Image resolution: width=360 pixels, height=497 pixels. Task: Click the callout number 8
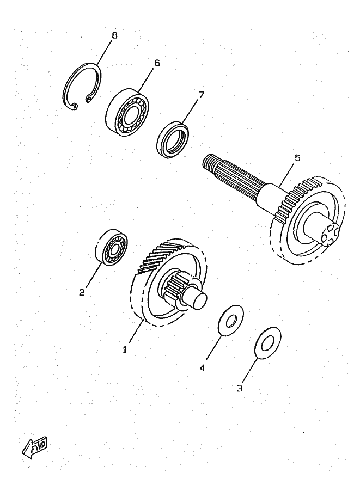[114, 35]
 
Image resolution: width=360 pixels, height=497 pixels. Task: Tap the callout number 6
[157, 63]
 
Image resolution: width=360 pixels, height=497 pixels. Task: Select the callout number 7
[201, 95]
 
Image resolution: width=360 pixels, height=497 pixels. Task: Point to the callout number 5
[297, 158]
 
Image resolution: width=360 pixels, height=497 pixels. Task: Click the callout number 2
[82, 292]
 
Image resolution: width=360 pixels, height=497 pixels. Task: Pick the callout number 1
[124, 349]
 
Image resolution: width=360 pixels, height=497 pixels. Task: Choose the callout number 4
[202, 367]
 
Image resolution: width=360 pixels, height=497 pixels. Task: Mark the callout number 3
[239, 388]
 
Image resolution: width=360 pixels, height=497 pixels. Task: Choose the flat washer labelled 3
[268, 343]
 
